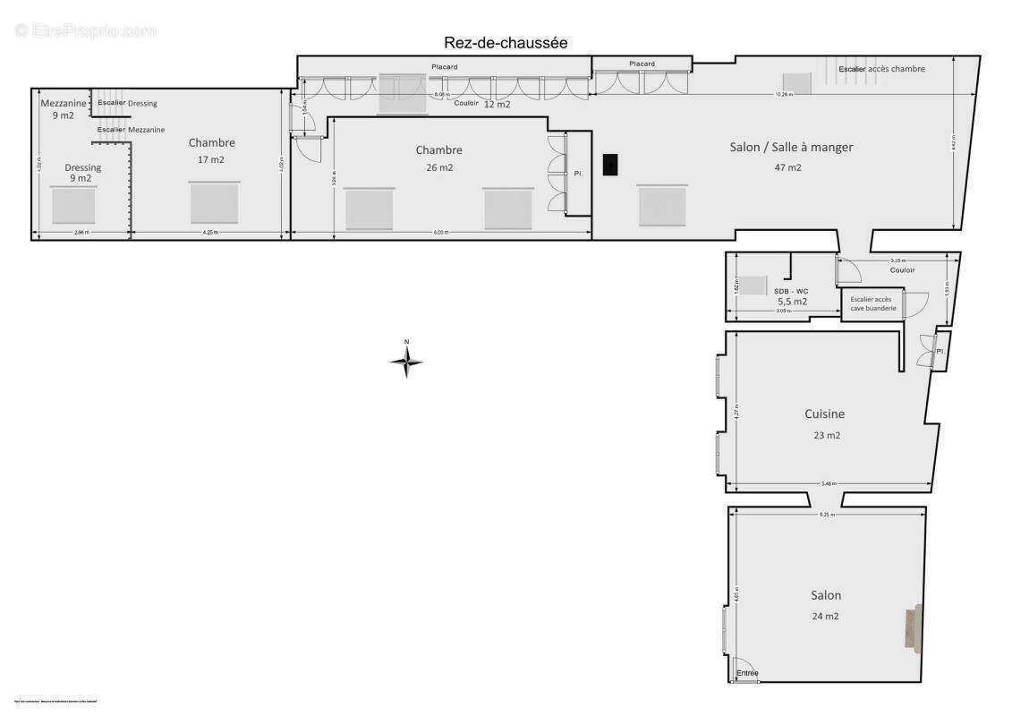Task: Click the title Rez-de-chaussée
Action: pyautogui.click(x=506, y=43)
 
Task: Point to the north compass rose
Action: pyautogui.click(x=406, y=361)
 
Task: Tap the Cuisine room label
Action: pyautogui.click(x=824, y=414)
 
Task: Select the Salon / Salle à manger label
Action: pyautogui.click(x=791, y=147)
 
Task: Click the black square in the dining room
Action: pyautogui.click(x=610, y=165)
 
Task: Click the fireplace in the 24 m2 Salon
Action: pyautogui.click(x=913, y=627)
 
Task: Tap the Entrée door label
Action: pyautogui.click(x=747, y=673)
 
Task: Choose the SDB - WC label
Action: pyautogui.click(x=790, y=291)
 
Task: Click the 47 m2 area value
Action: pyautogui.click(x=788, y=167)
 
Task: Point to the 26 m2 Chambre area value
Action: pyautogui.click(x=439, y=167)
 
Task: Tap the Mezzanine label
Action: pyautogui.click(x=64, y=103)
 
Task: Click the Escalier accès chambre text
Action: pyautogui.click(x=881, y=69)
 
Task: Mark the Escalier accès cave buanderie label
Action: pyautogui.click(x=872, y=303)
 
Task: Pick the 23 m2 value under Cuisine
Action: pyautogui.click(x=827, y=436)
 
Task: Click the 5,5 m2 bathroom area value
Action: pyautogui.click(x=792, y=302)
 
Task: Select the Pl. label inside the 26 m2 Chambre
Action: pyautogui.click(x=578, y=174)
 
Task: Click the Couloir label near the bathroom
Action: pyautogui.click(x=902, y=270)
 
